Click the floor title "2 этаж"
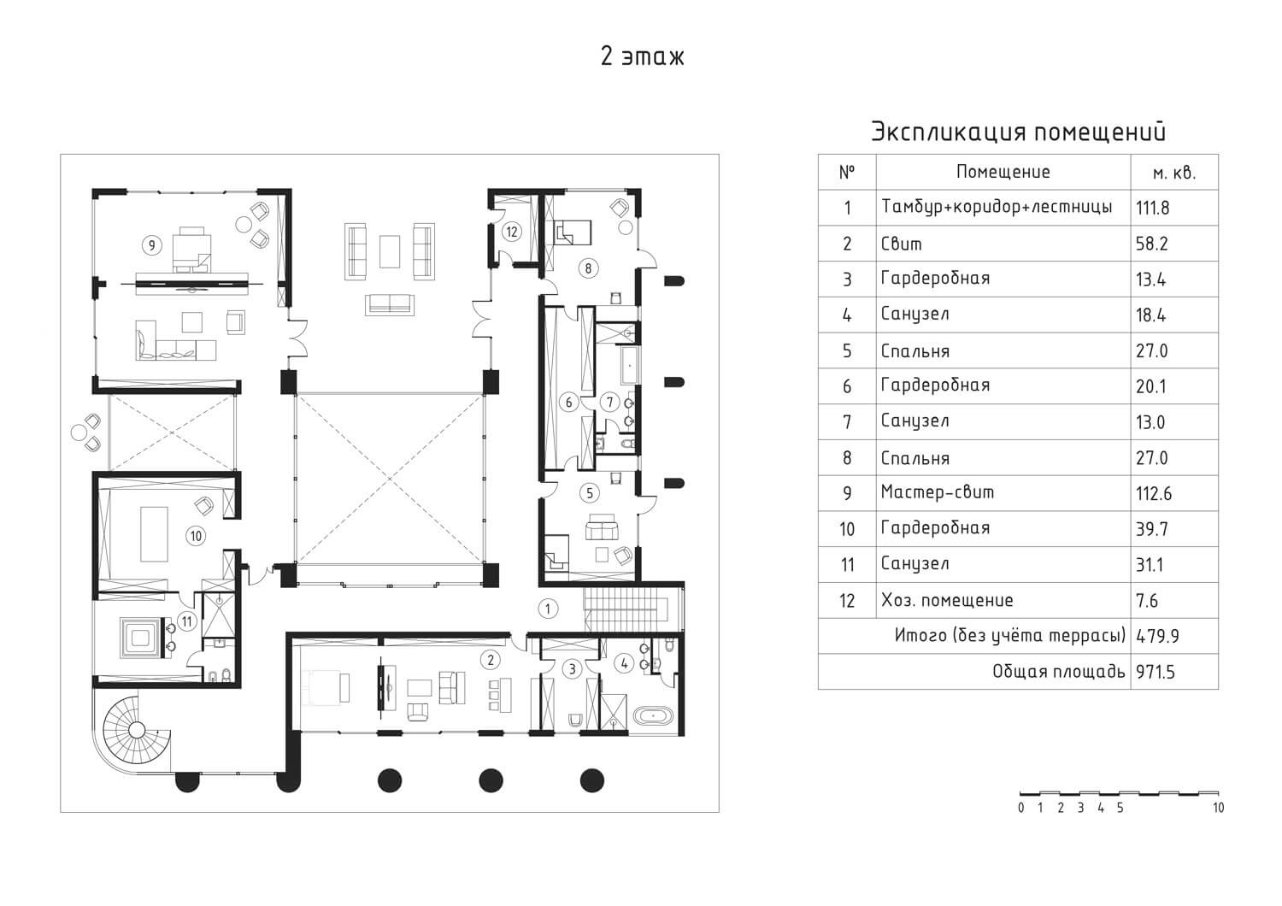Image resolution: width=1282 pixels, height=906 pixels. click(642, 57)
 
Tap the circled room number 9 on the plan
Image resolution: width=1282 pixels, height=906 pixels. click(151, 245)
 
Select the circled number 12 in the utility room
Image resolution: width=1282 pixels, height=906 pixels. click(512, 232)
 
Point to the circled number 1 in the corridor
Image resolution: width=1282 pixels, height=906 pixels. click(548, 609)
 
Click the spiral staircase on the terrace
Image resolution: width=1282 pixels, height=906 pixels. click(136, 730)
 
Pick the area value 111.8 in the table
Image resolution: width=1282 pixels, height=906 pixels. click(1152, 208)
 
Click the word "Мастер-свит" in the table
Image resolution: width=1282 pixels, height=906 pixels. click(938, 492)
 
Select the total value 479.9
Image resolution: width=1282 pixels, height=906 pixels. click(1157, 636)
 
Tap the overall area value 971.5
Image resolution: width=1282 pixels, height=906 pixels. click(1156, 671)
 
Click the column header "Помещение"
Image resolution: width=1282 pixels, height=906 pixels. click(1003, 172)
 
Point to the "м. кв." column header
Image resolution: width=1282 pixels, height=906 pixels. click(1174, 173)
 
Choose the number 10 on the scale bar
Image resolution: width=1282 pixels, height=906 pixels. click(1219, 808)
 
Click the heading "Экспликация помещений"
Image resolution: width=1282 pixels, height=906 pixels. click(1018, 132)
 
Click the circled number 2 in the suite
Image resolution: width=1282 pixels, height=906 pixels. click(491, 660)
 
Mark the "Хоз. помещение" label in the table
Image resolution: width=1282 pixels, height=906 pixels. click(947, 600)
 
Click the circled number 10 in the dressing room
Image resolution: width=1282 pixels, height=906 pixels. click(196, 536)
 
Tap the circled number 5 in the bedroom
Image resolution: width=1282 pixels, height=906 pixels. click(590, 493)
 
